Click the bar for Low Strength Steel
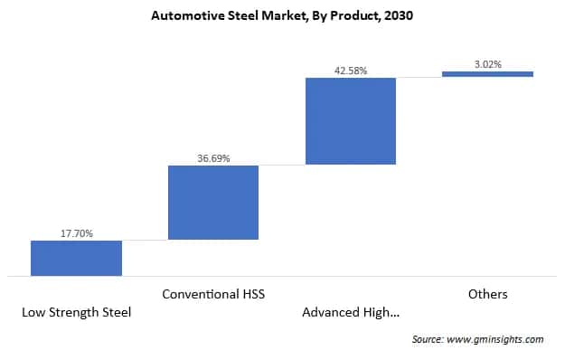tap(76, 258)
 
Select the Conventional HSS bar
tap(213, 203)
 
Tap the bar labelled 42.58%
tap(351, 120)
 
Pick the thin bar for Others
tap(487, 74)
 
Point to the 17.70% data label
tap(76, 232)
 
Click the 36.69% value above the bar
tap(213, 158)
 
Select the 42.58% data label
tap(351, 71)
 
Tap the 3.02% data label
tap(487, 63)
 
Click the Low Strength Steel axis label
tap(76, 313)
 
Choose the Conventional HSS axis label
tap(213, 294)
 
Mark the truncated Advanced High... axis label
tap(351, 313)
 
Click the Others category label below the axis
tap(487, 294)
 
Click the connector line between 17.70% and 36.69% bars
tap(145, 240)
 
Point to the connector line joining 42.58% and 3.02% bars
tap(419, 77)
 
